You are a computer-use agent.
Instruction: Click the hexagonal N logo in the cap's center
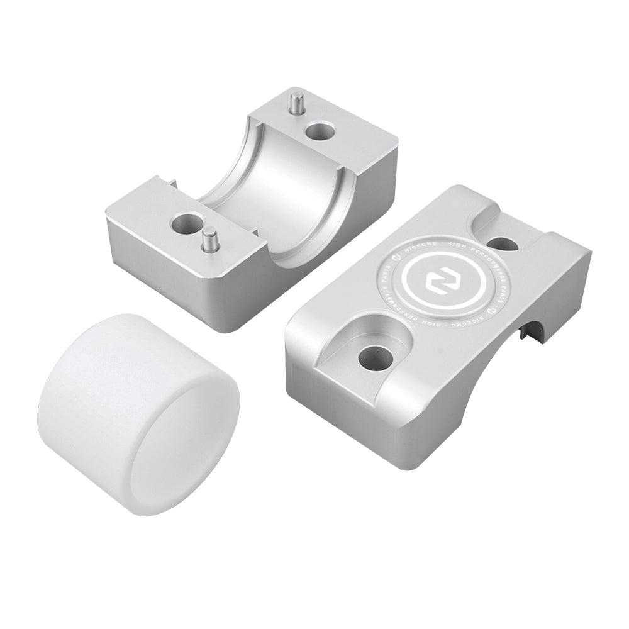point(436,282)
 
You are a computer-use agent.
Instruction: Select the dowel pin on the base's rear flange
point(296,104)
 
